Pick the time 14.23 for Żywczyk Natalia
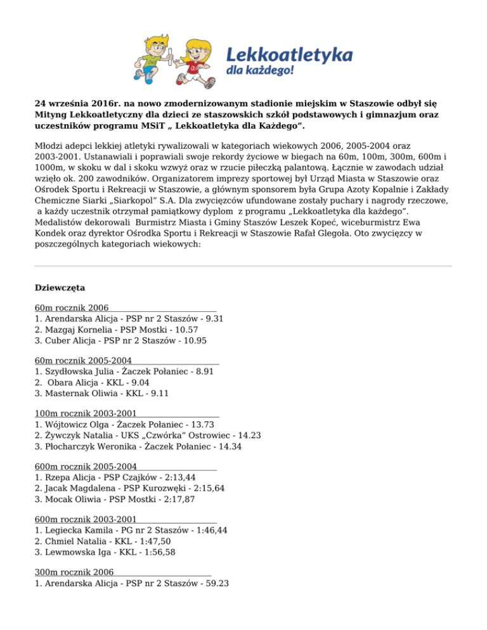coord(248,435)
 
